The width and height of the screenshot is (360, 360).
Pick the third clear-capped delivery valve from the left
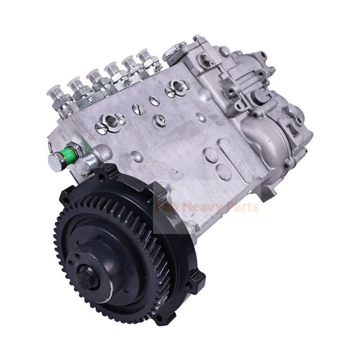96,78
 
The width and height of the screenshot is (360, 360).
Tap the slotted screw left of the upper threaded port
101,128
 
